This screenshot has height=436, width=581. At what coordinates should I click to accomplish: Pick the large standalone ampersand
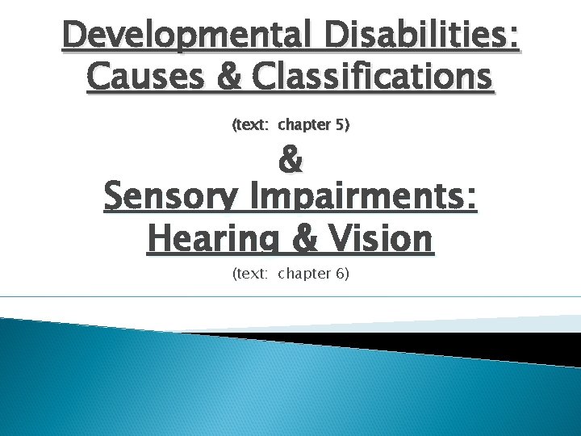click(290, 160)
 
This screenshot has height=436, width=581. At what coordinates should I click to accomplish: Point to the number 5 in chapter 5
click(341, 125)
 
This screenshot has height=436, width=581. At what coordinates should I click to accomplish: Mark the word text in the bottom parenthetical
click(251, 274)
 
